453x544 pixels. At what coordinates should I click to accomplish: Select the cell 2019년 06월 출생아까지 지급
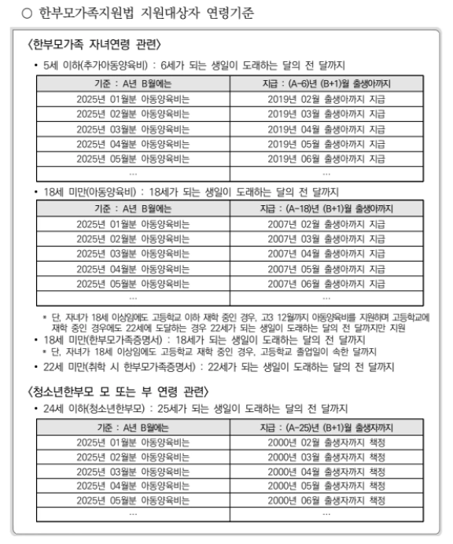coord(326,158)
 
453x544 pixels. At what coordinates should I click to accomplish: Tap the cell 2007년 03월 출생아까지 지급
coord(326,238)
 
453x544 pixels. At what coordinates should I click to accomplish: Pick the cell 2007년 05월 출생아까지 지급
coord(326,268)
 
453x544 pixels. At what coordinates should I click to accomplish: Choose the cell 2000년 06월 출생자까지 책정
coord(326,500)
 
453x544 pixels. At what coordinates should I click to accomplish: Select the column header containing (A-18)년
coord(326,208)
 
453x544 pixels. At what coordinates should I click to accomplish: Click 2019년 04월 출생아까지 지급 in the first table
coord(326,128)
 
